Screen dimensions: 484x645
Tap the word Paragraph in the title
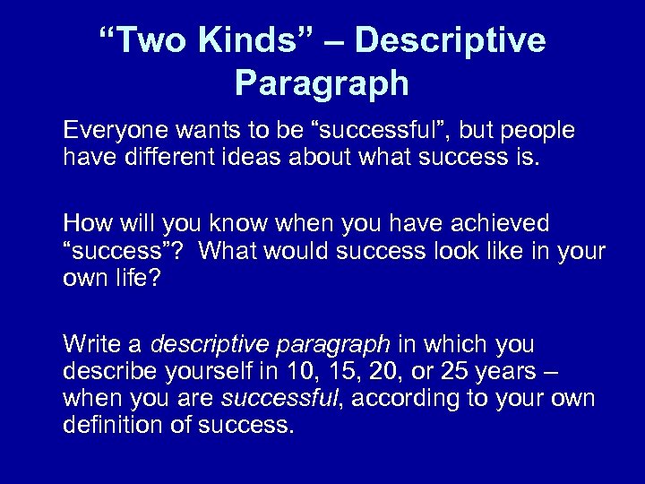coord(322,84)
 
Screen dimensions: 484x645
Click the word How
coord(85,222)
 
